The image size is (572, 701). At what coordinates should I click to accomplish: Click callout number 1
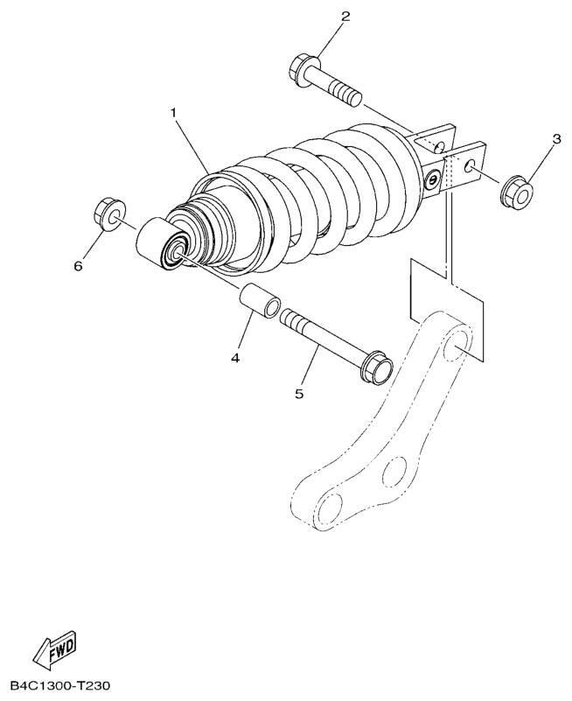coord(173,114)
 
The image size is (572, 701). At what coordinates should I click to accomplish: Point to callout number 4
coord(235,357)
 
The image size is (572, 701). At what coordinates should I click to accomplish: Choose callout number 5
coord(299,394)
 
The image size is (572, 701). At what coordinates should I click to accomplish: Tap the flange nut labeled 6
coord(108,214)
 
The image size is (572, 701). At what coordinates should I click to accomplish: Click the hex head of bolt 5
coord(377,367)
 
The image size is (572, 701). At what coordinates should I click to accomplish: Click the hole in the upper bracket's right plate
coord(471,165)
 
